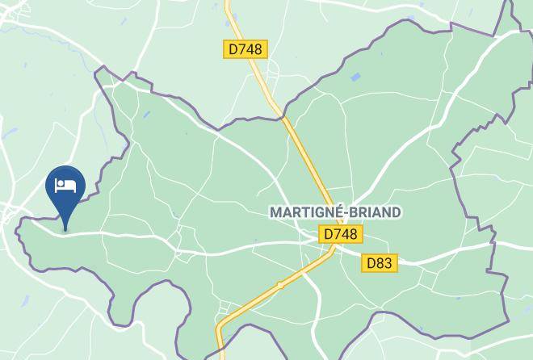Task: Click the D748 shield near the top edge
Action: tap(245, 49)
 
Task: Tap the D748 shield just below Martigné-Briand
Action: tap(340, 234)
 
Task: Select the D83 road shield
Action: tap(379, 263)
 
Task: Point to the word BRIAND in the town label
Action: tap(373, 212)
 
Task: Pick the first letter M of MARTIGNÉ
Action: tap(275, 212)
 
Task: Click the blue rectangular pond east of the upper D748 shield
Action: tap(355, 78)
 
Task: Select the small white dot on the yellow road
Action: tap(279, 285)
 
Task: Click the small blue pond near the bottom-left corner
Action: tap(24, 301)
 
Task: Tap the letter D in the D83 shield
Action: tap(371, 263)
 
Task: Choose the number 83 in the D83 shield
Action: tap(384, 263)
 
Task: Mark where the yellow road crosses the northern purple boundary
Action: tap(284, 118)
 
